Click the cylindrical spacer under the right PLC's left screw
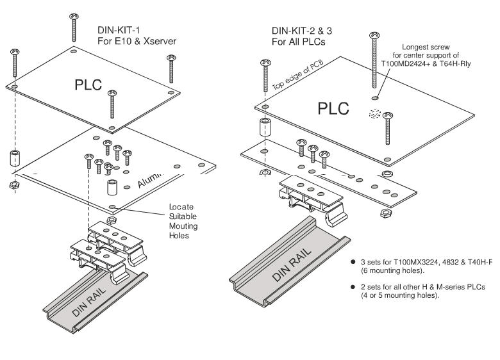(264, 127)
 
